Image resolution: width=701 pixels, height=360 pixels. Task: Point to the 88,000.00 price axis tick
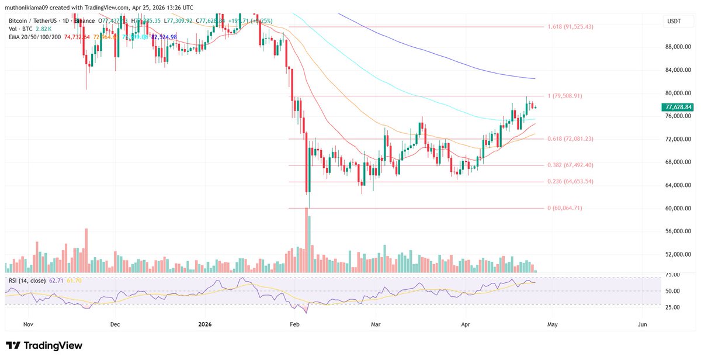tap(678, 47)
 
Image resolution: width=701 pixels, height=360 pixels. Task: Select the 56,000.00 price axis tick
tap(678, 231)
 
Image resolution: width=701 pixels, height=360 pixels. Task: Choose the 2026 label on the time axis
tap(205, 323)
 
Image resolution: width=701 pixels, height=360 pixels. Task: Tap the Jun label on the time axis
tap(643, 323)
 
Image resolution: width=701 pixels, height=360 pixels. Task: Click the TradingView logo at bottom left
tap(44, 346)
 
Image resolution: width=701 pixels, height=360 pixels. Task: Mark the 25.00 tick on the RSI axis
tap(674, 304)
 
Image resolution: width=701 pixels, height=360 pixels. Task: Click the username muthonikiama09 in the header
tap(29, 8)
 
